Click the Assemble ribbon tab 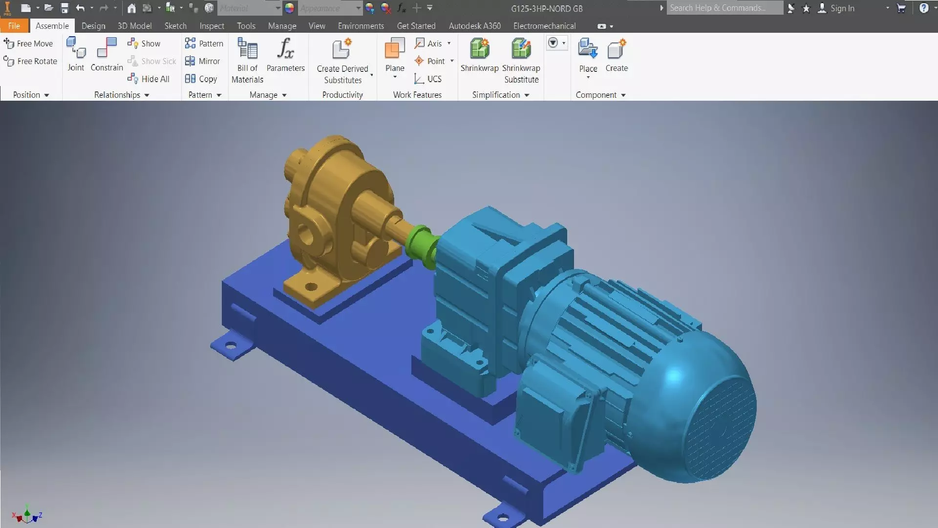pyautogui.click(x=52, y=26)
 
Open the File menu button pyautogui.click(x=14, y=26)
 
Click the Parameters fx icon pyautogui.click(x=285, y=49)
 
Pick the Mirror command pyautogui.click(x=203, y=61)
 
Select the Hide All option pyautogui.click(x=149, y=79)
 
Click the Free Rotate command pyautogui.click(x=30, y=61)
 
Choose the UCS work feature pyautogui.click(x=428, y=79)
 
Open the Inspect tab pyautogui.click(x=212, y=26)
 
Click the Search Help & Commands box pyautogui.click(x=724, y=8)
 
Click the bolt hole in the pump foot pyautogui.click(x=311, y=287)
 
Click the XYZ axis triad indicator pyautogui.click(x=27, y=515)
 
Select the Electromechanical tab pyautogui.click(x=544, y=26)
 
